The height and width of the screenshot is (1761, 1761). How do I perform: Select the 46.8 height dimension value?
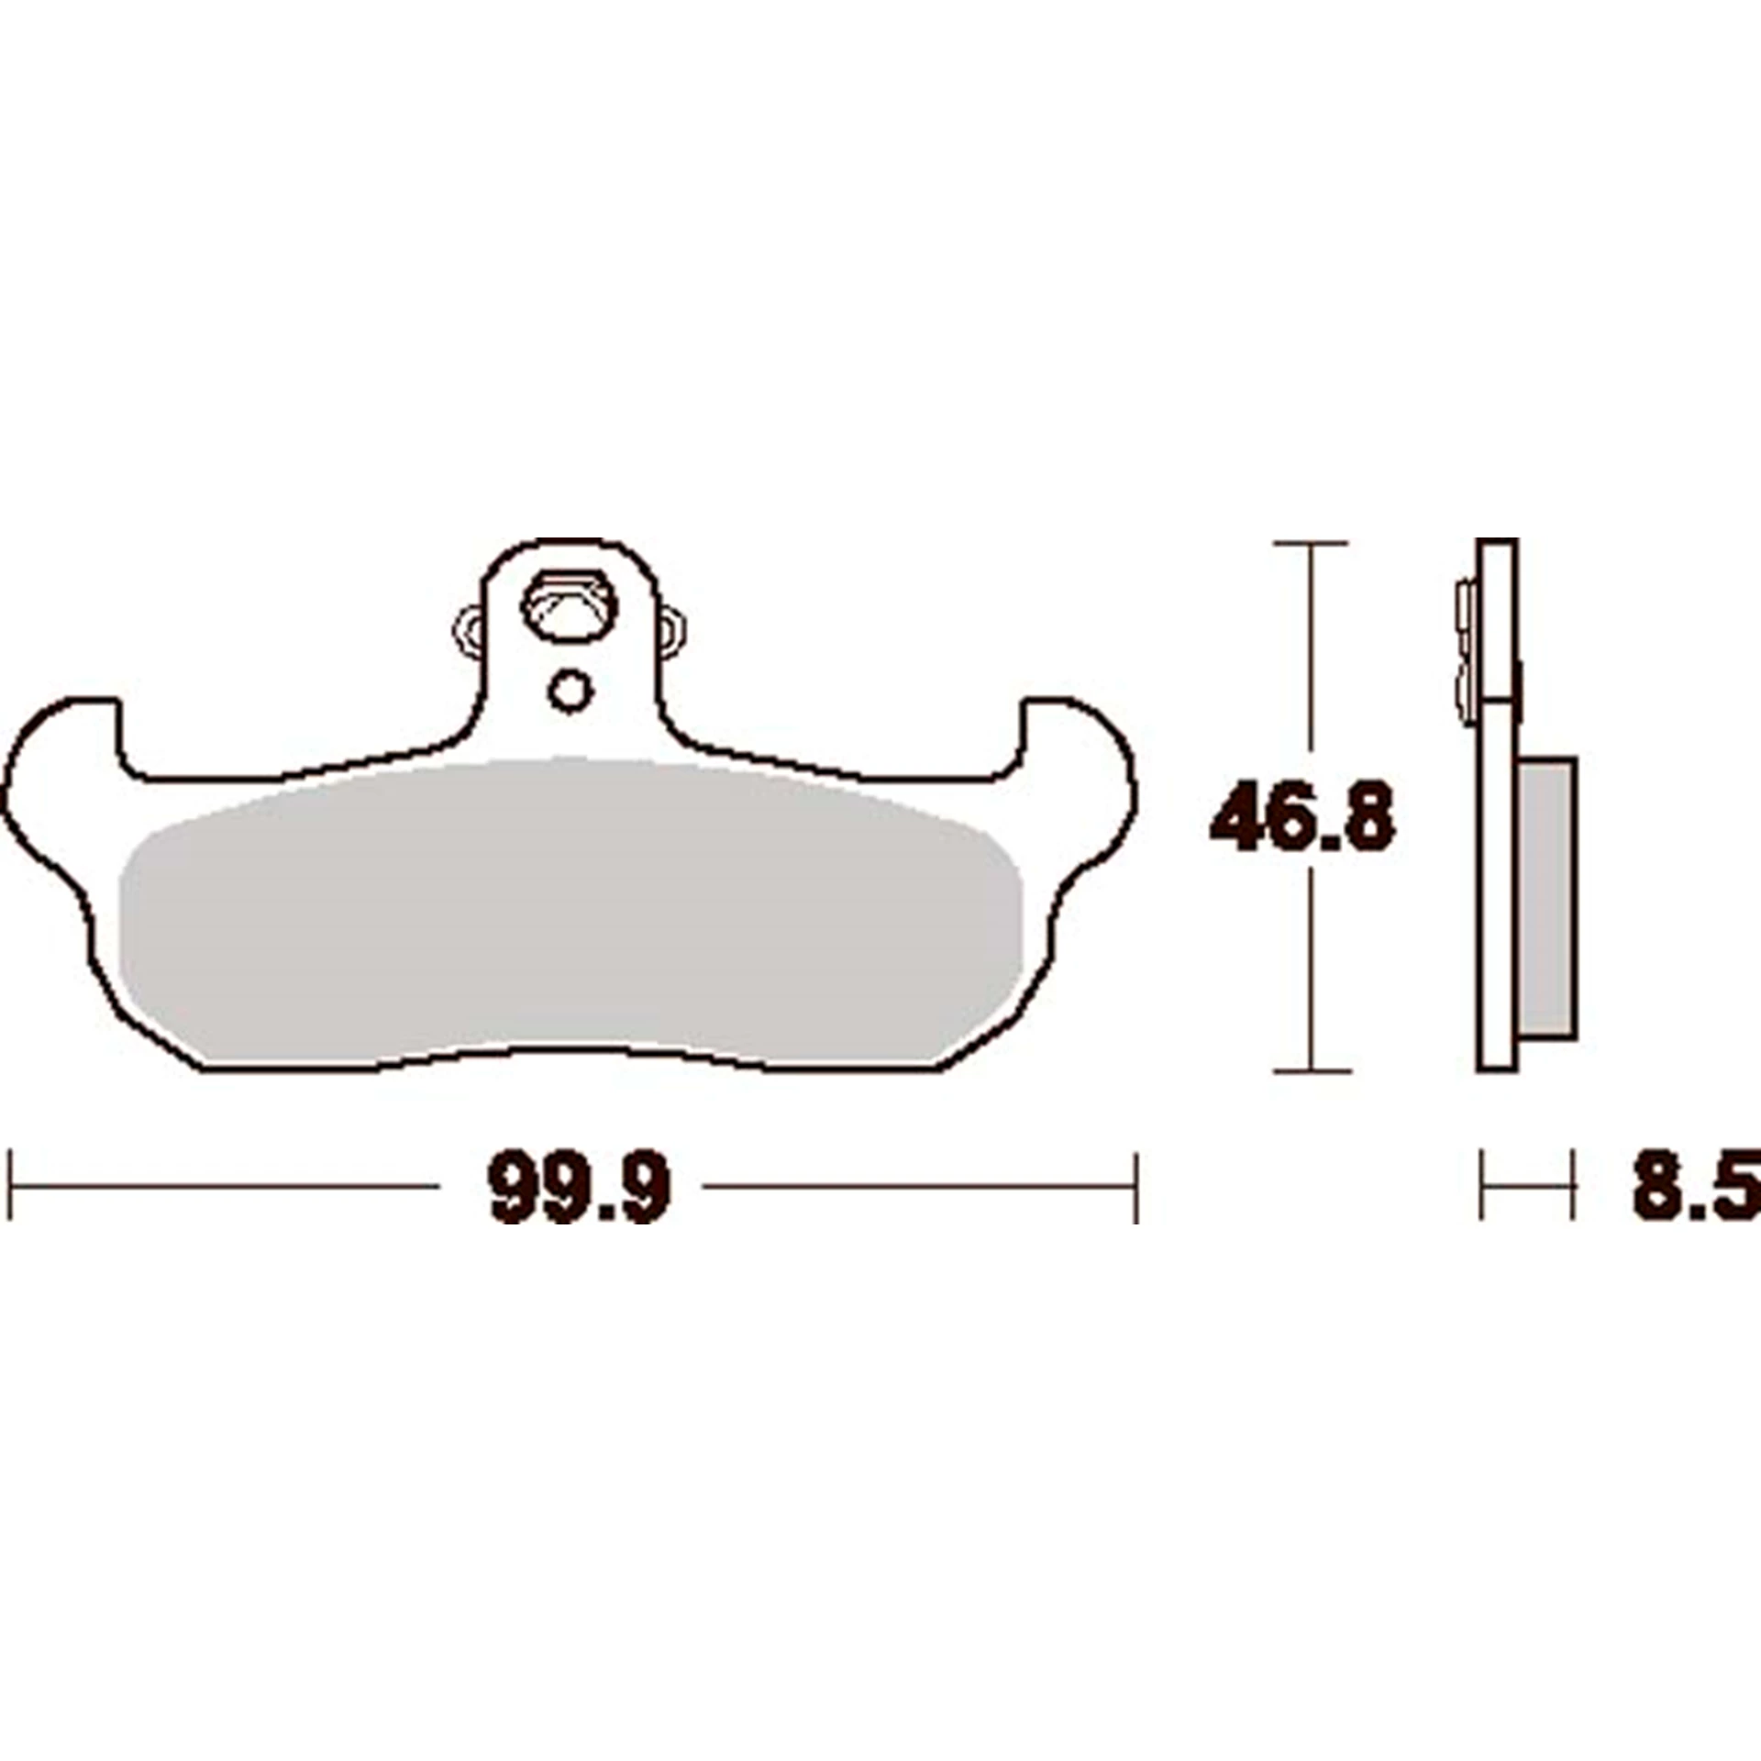click(x=1302, y=815)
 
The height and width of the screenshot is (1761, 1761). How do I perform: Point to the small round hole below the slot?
click(x=570, y=691)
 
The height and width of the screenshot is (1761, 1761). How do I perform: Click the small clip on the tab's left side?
click(x=469, y=630)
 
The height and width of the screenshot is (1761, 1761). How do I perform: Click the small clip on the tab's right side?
click(x=672, y=630)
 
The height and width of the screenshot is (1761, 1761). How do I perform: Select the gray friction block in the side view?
click(x=1548, y=899)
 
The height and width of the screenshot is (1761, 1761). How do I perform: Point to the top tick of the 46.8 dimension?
click(x=1312, y=543)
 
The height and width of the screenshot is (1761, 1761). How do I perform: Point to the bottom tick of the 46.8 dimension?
click(x=1312, y=1070)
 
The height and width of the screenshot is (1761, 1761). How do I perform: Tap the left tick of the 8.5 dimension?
click(x=1481, y=1185)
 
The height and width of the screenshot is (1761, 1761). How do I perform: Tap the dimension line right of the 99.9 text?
click(x=917, y=1186)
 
